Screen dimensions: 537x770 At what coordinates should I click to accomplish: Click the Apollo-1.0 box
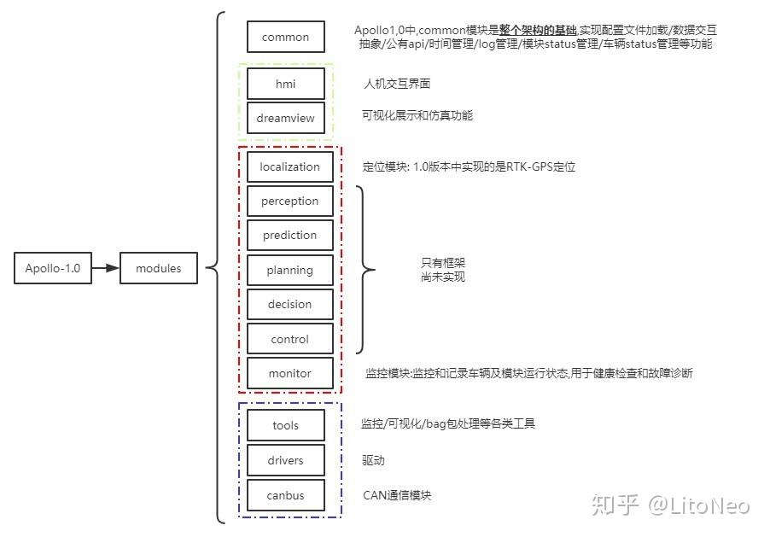pos(53,268)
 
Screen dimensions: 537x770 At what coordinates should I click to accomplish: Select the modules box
pos(159,268)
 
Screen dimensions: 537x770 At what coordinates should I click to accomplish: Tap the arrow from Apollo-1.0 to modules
pos(105,268)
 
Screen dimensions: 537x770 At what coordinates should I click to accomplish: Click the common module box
pos(285,37)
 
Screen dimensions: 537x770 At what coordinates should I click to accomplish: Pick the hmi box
pos(285,84)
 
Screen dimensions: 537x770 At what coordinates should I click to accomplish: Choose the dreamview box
pos(285,119)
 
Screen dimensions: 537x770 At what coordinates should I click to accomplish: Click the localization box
pos(290,166)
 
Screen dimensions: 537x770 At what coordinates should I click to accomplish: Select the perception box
pos(290,201)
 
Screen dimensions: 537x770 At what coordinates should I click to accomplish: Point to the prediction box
pos(290,236)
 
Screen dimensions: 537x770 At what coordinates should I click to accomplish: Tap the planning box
pos(290,271)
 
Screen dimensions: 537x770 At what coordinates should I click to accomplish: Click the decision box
pos(290,305)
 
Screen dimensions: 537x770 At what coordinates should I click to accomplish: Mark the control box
pos(290,339)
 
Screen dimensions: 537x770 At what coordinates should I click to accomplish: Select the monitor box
pos(290,373)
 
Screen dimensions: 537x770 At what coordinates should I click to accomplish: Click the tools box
pos(285,425)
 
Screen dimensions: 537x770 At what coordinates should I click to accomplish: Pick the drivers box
pos(285,460)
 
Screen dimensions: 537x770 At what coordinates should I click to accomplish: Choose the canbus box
pos(285,495)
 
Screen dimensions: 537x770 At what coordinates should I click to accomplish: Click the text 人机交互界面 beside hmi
pos(397,84)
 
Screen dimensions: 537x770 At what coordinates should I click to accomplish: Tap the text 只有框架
pos(443,263)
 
